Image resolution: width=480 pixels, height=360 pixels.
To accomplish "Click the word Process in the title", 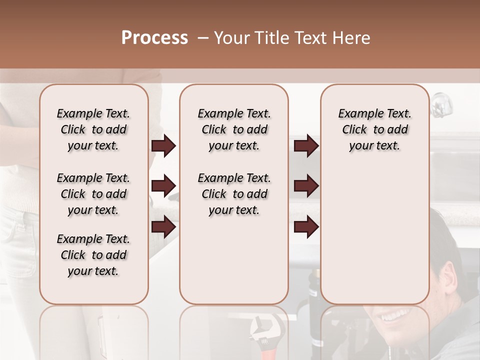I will pos(154,38).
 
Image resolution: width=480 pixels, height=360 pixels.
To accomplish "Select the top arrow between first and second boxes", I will pos(163,146).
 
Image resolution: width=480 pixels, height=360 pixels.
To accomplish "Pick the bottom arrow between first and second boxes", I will pos(163,227).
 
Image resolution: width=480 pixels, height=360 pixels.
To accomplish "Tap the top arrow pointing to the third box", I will pos(306,146).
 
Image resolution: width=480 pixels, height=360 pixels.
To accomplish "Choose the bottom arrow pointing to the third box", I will pos(306,227).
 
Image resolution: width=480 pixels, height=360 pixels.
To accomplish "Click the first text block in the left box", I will pos(93,130).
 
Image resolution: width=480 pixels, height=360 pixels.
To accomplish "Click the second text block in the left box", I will pos(93,194).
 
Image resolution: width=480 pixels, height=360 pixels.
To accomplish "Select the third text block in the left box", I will pos(93,255).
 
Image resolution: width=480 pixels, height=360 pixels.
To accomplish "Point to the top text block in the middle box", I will pos(234,130).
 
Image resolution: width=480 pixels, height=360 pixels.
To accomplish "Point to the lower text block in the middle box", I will pos(234,194).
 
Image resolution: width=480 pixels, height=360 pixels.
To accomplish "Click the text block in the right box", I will pos(374,130).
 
